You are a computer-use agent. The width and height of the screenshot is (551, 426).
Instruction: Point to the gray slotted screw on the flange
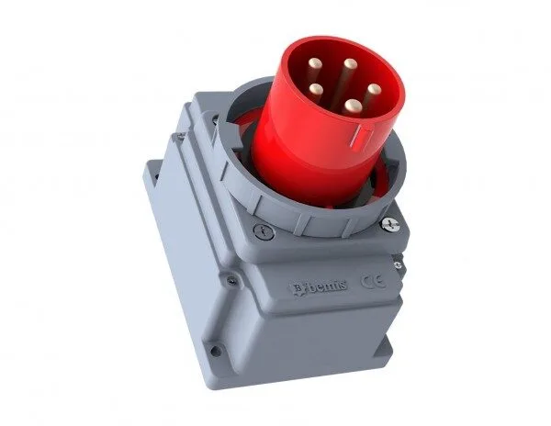point(263,231)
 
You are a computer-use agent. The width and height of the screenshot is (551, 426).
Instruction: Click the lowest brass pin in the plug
point(351,105)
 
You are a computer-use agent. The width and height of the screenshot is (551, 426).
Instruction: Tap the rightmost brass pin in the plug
point(375,89)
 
